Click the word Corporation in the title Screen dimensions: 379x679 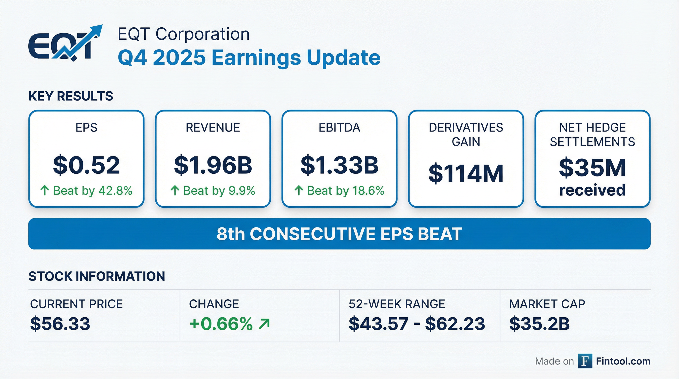202,34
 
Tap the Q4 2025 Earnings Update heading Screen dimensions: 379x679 249,58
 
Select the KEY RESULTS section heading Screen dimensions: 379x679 71,96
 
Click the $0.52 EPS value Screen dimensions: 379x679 86,165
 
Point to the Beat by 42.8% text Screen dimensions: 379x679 93,190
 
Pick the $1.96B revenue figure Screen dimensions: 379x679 213,165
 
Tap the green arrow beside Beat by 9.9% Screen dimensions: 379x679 175,190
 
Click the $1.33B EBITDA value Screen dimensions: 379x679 339,165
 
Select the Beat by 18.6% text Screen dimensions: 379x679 346,190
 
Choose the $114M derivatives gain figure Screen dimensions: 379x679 466,173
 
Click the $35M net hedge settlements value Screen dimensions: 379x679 592,168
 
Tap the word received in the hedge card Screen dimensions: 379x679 592,190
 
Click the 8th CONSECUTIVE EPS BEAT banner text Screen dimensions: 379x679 339,234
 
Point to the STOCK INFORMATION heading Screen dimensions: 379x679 96,276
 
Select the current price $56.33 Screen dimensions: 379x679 60,324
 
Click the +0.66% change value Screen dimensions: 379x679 221,324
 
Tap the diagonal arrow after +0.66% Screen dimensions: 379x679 264,324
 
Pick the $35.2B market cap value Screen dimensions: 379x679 539,324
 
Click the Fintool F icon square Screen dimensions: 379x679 585,361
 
